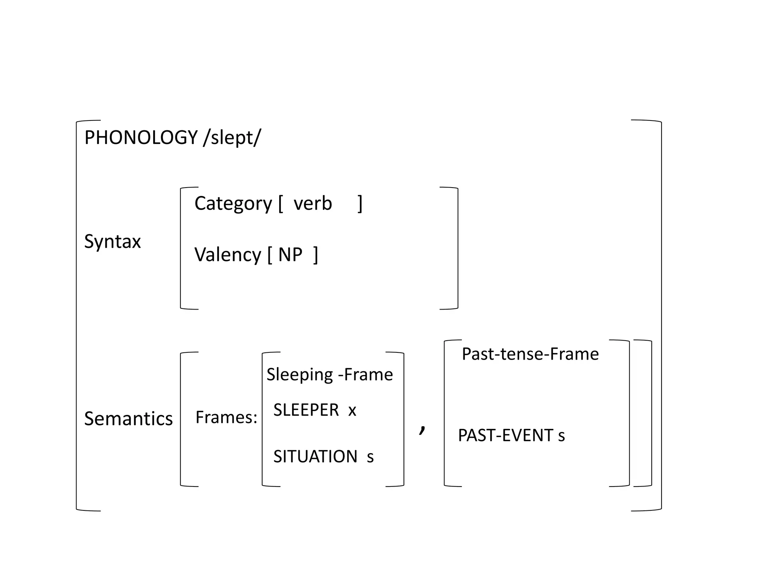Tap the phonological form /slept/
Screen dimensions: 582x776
232,137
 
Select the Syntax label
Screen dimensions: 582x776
112,241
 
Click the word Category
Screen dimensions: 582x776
233,204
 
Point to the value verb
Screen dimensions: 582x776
313,204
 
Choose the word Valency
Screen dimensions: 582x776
227,255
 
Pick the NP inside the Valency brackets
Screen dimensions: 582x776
290,255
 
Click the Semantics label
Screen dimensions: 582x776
128,419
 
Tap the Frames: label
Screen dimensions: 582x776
226,418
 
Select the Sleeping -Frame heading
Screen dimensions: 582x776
330,375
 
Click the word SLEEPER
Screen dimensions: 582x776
306,410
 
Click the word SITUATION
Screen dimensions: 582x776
315,457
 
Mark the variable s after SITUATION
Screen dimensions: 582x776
370,457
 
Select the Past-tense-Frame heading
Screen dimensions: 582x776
530,354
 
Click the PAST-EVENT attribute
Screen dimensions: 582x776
505,435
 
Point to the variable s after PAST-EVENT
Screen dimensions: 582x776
562,436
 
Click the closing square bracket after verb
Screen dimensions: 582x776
360,204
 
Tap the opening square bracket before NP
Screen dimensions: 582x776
270,255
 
